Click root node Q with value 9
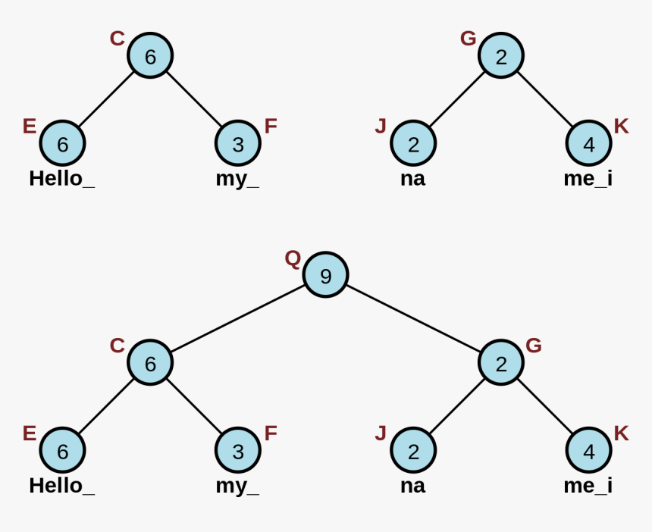coord(325,276)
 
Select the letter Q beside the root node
coord(293,259)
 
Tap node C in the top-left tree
coord(150,56)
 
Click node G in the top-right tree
coord(501,56)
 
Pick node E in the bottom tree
coord(62,452)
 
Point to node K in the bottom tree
coord(589,452)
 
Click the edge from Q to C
coord(237,319)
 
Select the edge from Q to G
coord(413,319)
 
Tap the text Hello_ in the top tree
coord(62,179)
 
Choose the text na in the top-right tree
coord(412,179)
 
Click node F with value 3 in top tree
coord(238,144)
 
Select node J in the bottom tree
coord(413,452)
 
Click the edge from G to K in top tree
coord(545,100)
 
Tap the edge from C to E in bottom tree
coord(106,407)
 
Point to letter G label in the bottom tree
coord(534,346)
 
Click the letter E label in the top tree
coord(30,126)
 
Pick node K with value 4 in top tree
coord(589,144)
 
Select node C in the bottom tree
coord(150,364)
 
